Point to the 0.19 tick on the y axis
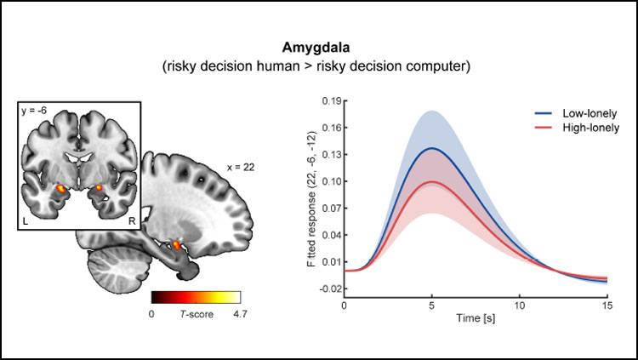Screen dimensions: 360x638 [329, 100]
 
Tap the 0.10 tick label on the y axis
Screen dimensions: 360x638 [329, 181]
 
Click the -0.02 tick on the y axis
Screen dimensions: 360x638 [328, 289]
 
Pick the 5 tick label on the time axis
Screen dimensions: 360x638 [432, 305]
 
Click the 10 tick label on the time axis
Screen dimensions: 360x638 [520, 305]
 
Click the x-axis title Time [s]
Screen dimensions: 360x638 [476, 321]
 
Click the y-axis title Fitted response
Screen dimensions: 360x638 [312, 196]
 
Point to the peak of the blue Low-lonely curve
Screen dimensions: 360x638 [432, 148]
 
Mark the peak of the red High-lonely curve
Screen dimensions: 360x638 [432, 181]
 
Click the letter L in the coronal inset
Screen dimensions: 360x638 [26, 220]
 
